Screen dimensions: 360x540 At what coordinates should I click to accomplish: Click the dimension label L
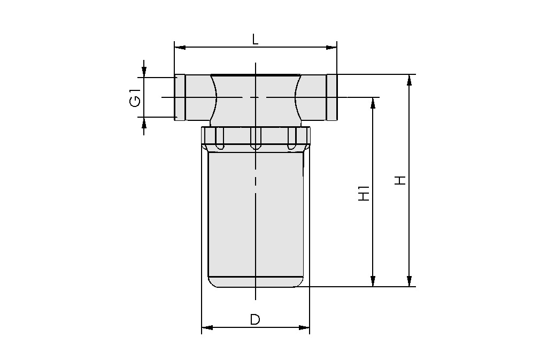pos(256,39)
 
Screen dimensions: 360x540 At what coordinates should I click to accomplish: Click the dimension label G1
pos(135,97)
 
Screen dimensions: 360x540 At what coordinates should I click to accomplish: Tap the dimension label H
pos(400,180)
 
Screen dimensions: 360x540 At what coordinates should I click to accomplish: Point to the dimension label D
pos(255,319)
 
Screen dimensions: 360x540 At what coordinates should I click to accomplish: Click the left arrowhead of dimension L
pos(180,48)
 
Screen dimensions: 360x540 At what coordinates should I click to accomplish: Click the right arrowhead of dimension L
pos(331,48)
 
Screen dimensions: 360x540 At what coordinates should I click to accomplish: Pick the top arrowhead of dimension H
pos(410,80)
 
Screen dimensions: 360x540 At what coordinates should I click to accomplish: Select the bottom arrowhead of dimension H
pos(410,281)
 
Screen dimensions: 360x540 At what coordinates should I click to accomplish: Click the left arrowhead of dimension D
pos(207,327)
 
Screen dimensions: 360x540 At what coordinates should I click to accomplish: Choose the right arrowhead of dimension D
pos(304,327)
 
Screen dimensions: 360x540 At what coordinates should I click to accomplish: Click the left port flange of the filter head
pos(180,97)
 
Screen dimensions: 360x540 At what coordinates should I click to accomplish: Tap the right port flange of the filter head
pos(332,97)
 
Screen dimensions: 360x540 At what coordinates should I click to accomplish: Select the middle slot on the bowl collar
pos(256,138)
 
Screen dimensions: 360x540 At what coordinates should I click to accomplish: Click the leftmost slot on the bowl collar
pos(220,138)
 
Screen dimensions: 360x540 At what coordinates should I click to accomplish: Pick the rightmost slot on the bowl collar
pos(291,138)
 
